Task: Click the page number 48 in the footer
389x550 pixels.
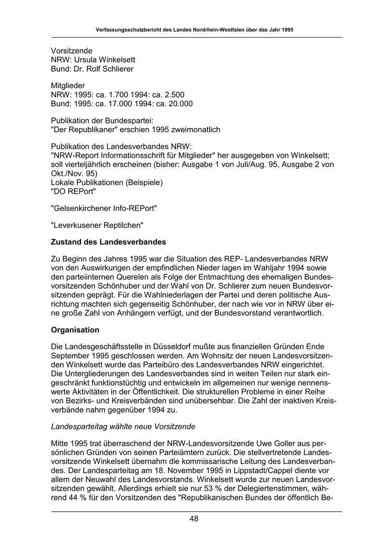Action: (194, 519)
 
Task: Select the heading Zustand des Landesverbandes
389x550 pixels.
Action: (108, 242)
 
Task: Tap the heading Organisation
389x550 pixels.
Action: (75, 330)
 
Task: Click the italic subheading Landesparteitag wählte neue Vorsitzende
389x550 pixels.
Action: (123, 426)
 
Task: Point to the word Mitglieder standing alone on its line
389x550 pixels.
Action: (68, 86)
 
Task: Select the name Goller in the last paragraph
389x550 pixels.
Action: (273, 443)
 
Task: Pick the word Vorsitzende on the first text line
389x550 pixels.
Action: (72, 51)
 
